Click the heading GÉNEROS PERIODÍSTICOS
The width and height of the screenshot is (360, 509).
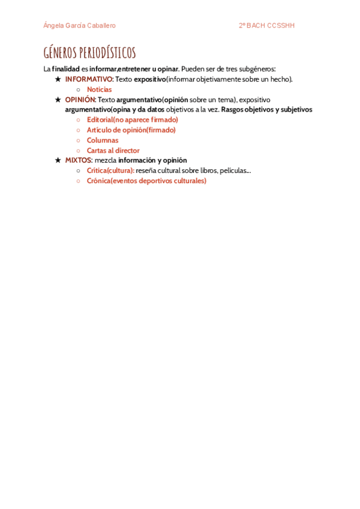(89, 53)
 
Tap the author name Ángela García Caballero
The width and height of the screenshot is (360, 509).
(79, 26)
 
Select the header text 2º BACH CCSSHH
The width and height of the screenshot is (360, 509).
(266, 26)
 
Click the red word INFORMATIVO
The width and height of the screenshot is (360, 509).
(89, 79)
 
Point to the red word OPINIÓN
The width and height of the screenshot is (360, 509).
(80, 100)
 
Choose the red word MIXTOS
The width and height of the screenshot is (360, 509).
(78, 160)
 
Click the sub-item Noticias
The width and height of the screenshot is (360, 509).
(99, 89)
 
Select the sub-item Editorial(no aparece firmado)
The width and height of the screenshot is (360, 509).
(132, 119)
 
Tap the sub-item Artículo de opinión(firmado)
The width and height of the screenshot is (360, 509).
(131, 130)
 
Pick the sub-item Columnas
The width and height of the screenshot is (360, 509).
(103, 140)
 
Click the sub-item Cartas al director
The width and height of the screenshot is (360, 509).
(113, 150)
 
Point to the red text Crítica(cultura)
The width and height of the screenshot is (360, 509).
(110, 170)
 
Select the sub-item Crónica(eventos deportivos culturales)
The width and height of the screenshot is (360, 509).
(146, 181)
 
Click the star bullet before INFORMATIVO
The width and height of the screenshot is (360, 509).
(58, 79)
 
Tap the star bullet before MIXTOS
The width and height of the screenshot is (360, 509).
(58, 160)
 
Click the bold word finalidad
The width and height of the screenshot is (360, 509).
(66, 69)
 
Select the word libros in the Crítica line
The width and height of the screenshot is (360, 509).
(208, 170)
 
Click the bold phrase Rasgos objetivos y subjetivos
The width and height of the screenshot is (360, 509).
(266, 109)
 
